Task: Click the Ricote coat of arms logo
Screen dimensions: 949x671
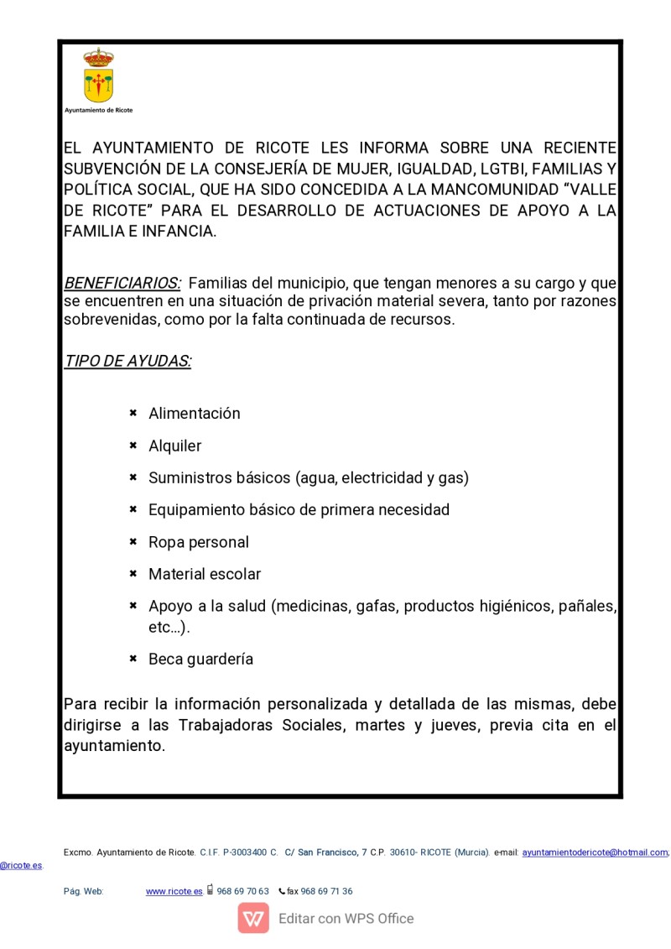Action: point(98,76)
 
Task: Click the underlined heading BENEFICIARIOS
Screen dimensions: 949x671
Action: point(122,283)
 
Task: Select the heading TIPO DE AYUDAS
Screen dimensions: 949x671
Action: point(127,362)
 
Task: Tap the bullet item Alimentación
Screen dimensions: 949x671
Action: point(195,414)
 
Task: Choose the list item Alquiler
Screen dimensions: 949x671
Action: point(175,446)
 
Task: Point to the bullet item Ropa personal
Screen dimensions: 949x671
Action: point(199,543)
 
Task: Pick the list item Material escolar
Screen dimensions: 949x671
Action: point(205,575)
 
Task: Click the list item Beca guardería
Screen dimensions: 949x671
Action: point(201,660)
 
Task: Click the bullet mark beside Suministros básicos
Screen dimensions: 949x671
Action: point(133,477)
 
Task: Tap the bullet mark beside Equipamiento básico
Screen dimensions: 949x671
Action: point(133,509)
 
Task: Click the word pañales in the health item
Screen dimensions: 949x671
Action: point(588,607)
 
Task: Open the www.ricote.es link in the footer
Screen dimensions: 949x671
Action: point(174,892)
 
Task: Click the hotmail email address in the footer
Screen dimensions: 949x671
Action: point(595,853)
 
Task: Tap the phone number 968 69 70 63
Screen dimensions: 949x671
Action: point(242,892)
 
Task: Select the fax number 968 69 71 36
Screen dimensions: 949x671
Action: point(326,892)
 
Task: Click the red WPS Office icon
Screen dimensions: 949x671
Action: point(253,919)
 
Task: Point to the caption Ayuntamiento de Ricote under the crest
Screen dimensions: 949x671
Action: point(98,110)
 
